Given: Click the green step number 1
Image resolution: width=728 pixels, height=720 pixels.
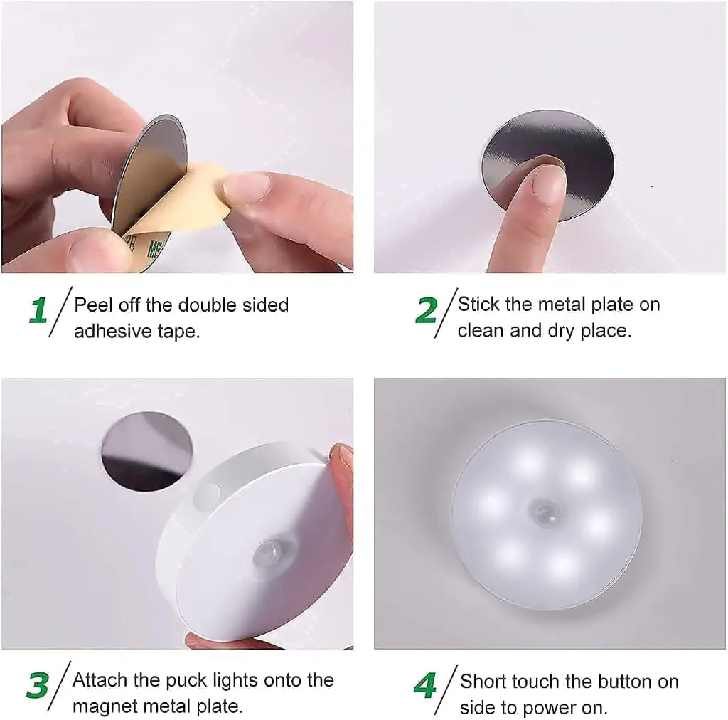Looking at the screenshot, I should point(38,312).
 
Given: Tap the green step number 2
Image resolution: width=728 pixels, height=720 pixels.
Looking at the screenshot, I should point(427,311).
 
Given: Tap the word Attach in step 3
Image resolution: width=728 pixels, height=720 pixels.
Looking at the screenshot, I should point(98,680).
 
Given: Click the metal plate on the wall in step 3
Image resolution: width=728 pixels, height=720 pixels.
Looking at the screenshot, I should point(146,450).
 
